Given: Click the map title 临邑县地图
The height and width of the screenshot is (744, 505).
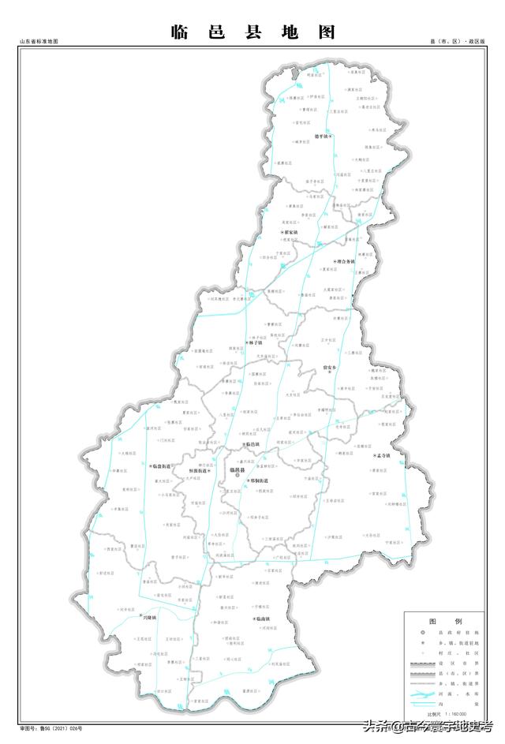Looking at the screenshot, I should click(x=252, y=32).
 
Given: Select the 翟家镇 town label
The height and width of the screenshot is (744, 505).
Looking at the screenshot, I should click(x=290, y=233).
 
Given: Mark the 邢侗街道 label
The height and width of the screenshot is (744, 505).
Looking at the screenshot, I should click(x=257, y=480).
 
